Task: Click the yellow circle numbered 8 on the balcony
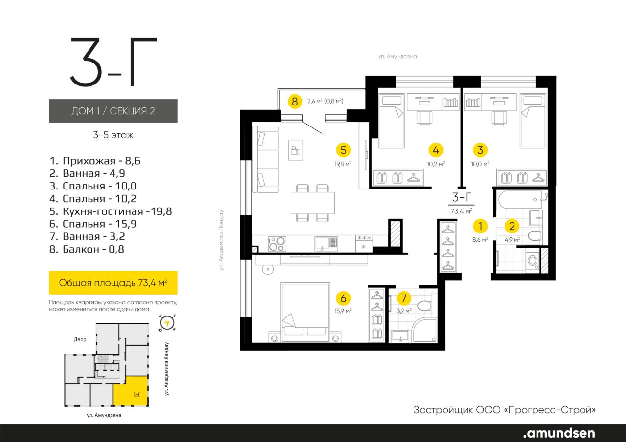pos(295,101)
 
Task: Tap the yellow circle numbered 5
pos(343,150)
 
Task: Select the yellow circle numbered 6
pos(343,298)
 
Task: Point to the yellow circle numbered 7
pos(404,298)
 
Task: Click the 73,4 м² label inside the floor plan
pos(461,211)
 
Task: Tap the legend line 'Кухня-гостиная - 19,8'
pos(111,211)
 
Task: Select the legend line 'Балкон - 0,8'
pos(87,249)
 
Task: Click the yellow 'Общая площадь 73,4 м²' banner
pos(113,282)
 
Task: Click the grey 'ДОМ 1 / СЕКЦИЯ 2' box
pos(113,111)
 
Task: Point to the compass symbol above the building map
pos(167,323)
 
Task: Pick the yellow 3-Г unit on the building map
pos(131,391)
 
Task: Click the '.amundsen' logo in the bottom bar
pos(559,433)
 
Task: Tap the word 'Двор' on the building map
pos(80,339)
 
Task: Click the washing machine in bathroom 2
pos(533,261)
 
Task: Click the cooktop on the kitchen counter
pos(277,244)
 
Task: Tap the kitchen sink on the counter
pos(326,244)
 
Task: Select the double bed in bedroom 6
pos(305,312)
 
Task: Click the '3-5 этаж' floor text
pos(113,135)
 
